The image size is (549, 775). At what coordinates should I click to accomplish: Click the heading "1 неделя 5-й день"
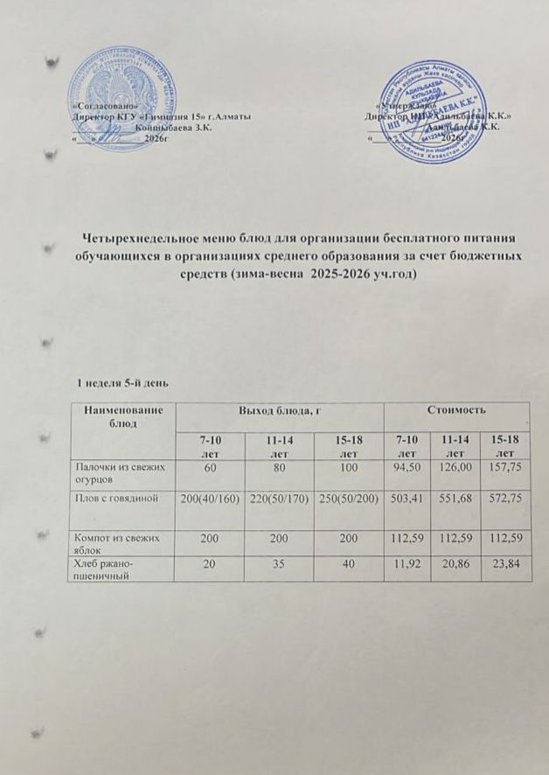tap(118, 383)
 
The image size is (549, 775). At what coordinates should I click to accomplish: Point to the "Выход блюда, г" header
tap(280, 409)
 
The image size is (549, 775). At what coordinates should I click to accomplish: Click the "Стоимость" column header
tap(456, 409)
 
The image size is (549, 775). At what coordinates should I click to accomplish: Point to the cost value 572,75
tap(505, 499)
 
